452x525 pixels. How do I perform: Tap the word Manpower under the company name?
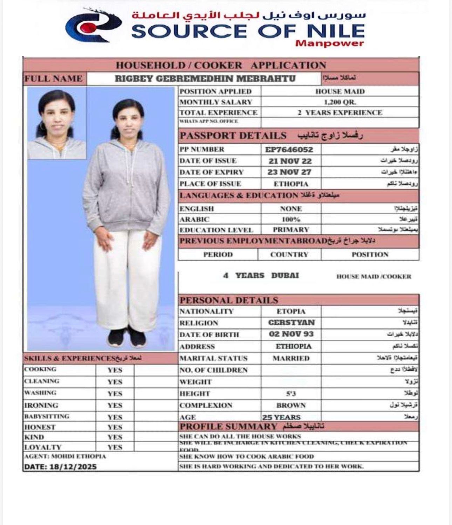pyautogui.click(x=329, y=43)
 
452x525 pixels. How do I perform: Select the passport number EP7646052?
pyautogui.click(x=289, y=150)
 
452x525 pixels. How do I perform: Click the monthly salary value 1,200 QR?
pyautogui.click(x=340, y=102)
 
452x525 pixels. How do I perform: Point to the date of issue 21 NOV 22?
pyautogui.click(x=290, y=161)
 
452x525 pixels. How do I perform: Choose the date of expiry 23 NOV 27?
pyautogui.click(x=289, y=172)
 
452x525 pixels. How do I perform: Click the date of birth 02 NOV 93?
pyautogui.click(x=291, y=334)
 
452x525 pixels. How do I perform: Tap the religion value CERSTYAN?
pyautogui.click(x=291, y=323)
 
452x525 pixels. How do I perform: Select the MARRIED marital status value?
pyautogui.click(x=291, y=358)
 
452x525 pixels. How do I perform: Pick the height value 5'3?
pyautogui.click(x=291, y=394)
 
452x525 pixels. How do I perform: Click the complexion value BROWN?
pyautogui.click(x=291, y=405)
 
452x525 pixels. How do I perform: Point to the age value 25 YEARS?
pyautogui.click(x=281, y=417)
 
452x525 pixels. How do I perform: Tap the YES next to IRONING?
pyautogui.click(x=115, y=405)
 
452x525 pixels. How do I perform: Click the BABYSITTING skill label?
pyautogui.click(x=47, y=416)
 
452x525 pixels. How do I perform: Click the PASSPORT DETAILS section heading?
pyautogui.click(x=233, y=136)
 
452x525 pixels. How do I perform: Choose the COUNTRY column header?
pyautogui.click(x=289, y=255)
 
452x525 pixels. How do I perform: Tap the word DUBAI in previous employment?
pyautogui.click(x=285, y=275)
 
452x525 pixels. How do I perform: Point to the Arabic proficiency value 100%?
pyautogui.click(x=291, y=220)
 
